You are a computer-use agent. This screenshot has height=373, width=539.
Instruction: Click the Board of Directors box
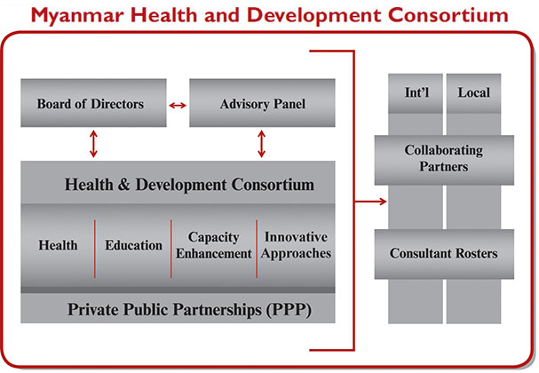pos(93,103)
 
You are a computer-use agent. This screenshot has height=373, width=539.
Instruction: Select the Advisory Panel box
pos(262,103)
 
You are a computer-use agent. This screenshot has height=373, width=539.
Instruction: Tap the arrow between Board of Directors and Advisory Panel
pos(178,105)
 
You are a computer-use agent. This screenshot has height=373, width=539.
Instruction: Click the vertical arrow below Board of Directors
pos(93,144)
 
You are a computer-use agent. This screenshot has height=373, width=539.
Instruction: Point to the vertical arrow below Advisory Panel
pos(262,144)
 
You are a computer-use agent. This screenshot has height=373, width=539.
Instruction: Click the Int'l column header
pos(416,93)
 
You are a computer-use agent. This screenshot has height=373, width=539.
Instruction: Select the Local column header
pos(473,93)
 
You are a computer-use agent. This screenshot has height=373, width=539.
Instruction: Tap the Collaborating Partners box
pos(444,160)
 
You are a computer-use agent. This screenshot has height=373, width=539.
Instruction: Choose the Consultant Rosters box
pos(444,254)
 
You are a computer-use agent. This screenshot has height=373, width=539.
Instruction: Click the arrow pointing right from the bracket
pos(370,202)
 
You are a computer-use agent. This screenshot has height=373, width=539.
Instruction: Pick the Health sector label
pos(58,245)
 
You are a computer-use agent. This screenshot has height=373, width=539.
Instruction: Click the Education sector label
pos(134,245)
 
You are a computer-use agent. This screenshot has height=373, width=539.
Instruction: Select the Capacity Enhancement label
pos(214,245)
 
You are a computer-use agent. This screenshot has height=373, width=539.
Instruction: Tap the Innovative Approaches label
pos(296,245)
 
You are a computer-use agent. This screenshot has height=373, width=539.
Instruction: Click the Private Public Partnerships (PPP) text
pos(189,309)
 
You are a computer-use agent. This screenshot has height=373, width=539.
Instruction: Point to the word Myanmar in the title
pos(77,16)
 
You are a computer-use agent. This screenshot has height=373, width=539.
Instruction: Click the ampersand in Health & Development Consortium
pos(123,185)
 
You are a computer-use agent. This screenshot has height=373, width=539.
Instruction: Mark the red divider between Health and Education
pos(95,249)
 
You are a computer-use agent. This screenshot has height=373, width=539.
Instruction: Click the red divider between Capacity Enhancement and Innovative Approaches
pos(257,249)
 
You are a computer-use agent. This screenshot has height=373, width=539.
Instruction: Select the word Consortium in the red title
pos(448,15)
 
